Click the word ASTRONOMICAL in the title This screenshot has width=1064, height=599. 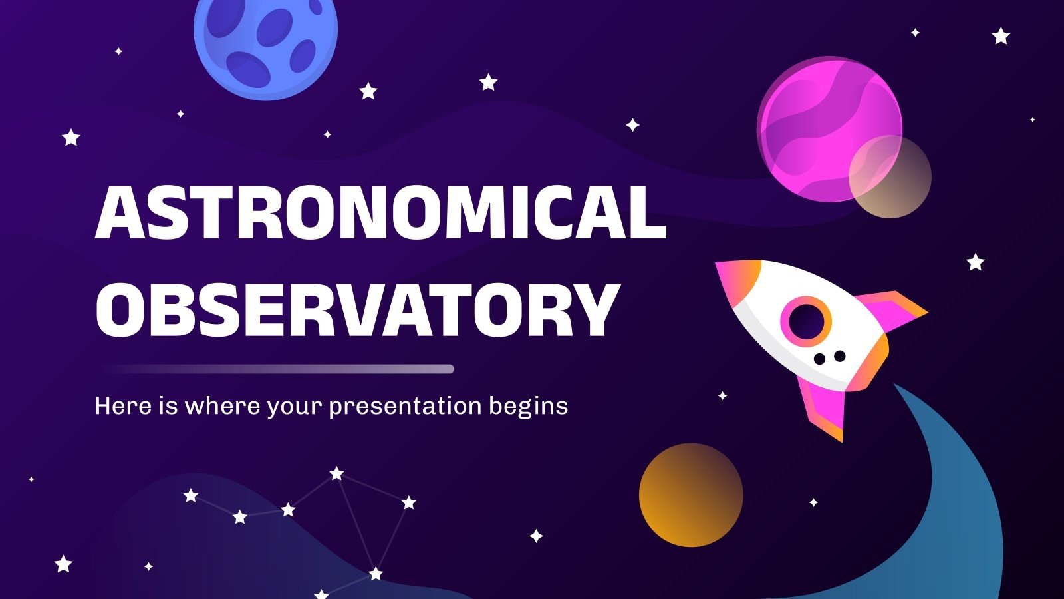tap(380, 212)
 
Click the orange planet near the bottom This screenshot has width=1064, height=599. tap(691, 495)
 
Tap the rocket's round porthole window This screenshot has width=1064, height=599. tap(806, 321)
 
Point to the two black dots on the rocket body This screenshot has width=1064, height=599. tap(829, 358)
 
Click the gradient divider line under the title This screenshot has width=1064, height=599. tap(278, 369)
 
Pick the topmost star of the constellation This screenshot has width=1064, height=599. tap(337, 473)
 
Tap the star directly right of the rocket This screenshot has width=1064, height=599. tap(975, 262)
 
